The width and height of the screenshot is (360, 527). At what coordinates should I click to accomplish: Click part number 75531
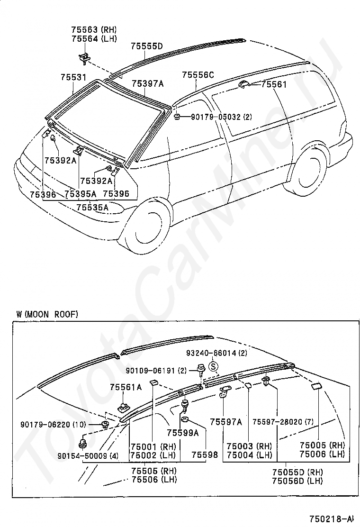(73, 77)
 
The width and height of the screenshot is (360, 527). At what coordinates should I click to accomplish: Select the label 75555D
(147, 46)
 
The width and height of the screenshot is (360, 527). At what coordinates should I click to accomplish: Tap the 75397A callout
(147, 83)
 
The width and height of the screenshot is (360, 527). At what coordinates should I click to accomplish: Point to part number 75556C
(198, 75)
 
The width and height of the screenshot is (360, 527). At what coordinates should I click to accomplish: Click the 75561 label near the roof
(274, 84)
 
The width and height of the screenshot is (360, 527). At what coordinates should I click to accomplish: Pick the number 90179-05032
(216, 117)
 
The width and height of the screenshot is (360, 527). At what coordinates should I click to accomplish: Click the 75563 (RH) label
(94, 30)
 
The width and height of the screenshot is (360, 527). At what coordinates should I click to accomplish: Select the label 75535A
(92, 208)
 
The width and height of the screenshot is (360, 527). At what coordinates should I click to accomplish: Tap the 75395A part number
(80, 194)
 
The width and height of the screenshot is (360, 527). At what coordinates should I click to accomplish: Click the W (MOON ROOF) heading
(47, 314)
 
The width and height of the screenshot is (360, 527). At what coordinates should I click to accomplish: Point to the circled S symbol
(213, 366)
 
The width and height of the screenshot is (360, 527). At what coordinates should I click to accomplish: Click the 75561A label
(126, 388)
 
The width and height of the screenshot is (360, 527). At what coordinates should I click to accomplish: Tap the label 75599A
(183, 433)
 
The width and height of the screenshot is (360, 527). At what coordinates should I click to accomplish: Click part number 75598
(205, 455)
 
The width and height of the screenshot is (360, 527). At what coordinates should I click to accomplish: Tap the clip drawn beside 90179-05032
(177, 117)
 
